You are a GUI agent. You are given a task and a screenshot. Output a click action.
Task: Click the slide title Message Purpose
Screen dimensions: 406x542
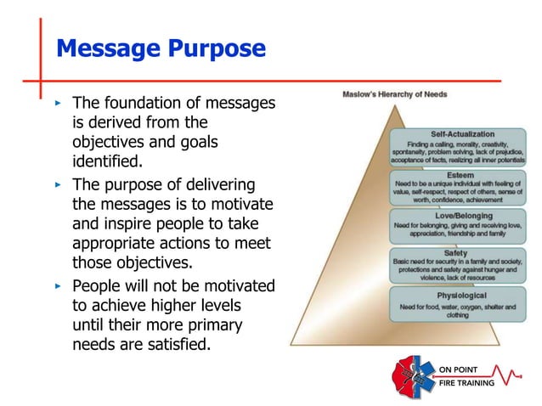(161, 48)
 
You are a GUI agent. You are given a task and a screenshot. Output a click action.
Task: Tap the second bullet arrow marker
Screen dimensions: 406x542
(58, 184)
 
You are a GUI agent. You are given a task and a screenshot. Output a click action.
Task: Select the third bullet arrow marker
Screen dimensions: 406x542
(58, 285)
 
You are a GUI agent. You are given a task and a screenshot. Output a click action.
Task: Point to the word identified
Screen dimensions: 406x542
(107, 160)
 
